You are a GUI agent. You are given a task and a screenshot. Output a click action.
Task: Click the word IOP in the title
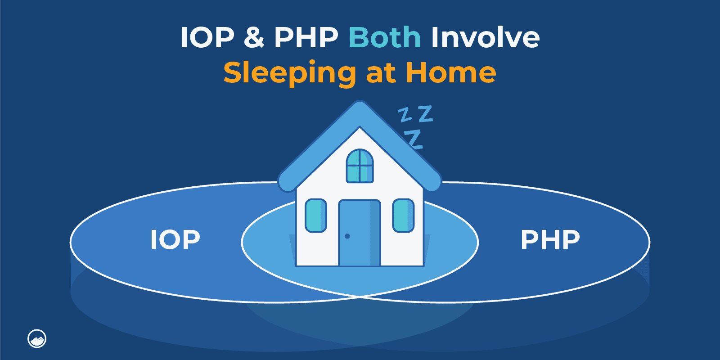[207, 37]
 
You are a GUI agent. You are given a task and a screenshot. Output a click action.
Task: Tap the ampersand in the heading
[254, 37]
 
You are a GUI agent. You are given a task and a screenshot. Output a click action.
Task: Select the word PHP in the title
[306, 37]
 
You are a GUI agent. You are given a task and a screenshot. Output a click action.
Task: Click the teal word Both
[385, 37]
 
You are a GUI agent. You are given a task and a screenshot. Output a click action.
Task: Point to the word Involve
[485, 37]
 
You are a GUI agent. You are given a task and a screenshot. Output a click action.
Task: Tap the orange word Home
[450, 72]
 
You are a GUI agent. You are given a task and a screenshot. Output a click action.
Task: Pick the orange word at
[381, 73]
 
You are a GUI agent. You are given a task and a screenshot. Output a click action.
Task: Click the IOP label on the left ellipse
[175, 239]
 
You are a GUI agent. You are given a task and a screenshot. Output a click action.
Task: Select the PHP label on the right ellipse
[550, 239]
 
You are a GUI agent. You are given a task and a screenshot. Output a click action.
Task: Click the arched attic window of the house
[360, 166]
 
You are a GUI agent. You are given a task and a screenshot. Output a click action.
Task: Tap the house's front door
[359, 233]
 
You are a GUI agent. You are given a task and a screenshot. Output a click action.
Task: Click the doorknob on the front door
[347, 236]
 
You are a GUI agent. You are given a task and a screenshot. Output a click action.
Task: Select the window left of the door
[316, 216]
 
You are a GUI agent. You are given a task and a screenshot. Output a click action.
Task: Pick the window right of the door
[403, 216]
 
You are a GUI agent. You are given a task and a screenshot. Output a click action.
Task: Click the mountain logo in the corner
[37, 338]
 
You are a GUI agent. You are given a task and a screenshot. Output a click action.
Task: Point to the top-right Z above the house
[425, 114]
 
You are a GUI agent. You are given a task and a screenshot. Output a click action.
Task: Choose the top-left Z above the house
[405, 115]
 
